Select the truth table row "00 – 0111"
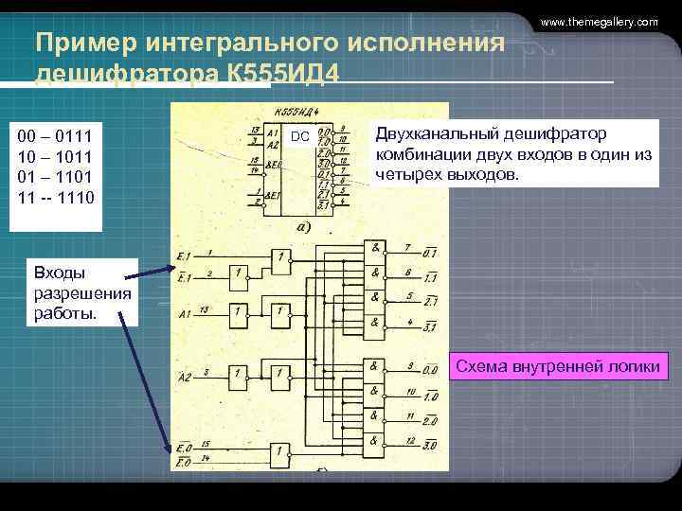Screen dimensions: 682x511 click(54, 138)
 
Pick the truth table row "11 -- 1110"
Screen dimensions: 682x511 click(56, 197)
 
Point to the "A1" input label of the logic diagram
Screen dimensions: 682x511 click(185, 311)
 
